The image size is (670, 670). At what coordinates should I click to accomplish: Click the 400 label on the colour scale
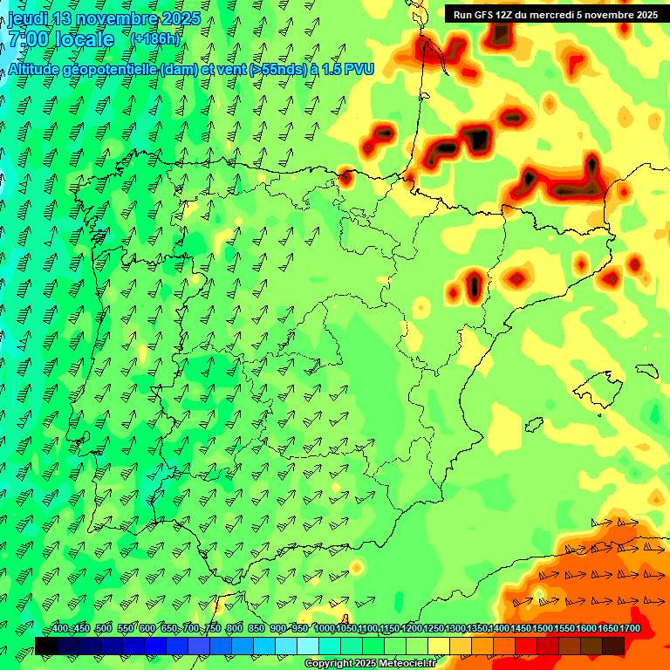click(x=60, y=629)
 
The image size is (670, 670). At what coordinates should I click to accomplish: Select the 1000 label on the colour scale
click(x=325, y=629)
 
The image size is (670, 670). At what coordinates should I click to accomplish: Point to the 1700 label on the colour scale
click(x=630, y=629)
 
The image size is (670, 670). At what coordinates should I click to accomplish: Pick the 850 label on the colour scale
click(x=256, y=629)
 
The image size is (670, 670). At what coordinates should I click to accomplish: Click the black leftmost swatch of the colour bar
click(x=45, y=646)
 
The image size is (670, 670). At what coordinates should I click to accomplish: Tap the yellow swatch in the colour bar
click(x=438, y=646)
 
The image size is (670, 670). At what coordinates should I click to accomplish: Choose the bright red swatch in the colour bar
click(x=525, y=646)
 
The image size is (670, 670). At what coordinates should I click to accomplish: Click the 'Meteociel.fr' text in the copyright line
click(x=407, y=664)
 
